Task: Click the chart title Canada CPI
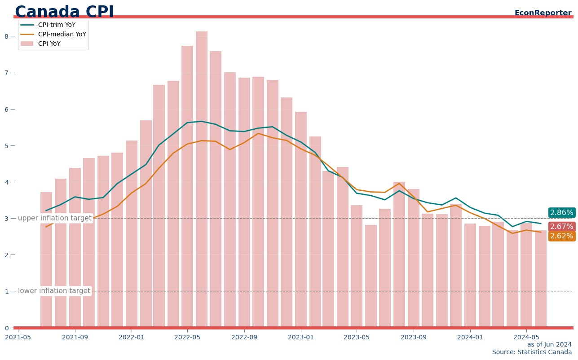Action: [x=64, y=12]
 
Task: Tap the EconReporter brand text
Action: [x=543, y=13]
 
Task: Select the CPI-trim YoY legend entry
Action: [x=57, y=25]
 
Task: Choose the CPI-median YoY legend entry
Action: [x=62, y=35]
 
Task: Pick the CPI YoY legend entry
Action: [x=49, y=44]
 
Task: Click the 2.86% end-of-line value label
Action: [x=561, y=213]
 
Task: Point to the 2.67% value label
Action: [x=561, y=227]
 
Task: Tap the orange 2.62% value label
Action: [x=561, y=236]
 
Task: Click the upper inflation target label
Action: [x=54, y=218]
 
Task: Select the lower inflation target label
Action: [x=54, y=291]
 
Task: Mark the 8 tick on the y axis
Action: [x=7, y=36]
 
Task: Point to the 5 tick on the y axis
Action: [x=7, y=146]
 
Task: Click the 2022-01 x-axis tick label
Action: [x=132, y=337]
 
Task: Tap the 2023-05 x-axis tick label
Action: [x=357, y=337]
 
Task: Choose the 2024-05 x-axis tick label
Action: [x=526, y=337]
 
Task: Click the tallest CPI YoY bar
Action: [x=202, y=180]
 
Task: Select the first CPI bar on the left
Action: [x=46, y=260]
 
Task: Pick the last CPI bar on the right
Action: [x=540, y=278]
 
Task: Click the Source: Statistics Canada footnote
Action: [x=532, y=352]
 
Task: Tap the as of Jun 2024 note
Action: [x=549, y=345]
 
